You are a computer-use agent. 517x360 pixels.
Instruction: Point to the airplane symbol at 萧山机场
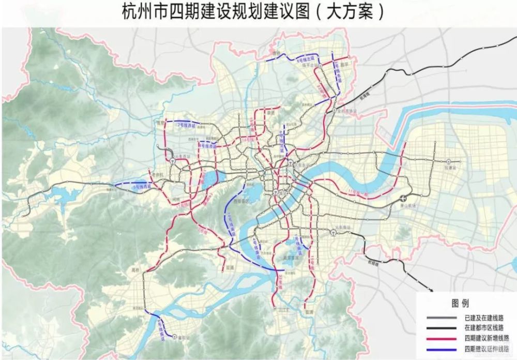click(x=403, y=198)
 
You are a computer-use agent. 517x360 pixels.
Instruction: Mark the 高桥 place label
click(x=135, y=270)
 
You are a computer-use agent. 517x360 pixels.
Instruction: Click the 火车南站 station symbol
click(x=335, y=233)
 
